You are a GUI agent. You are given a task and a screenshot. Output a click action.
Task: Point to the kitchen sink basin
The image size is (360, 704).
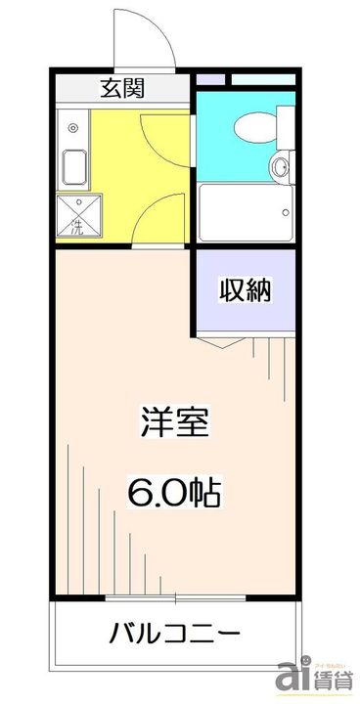(x=73, y=166)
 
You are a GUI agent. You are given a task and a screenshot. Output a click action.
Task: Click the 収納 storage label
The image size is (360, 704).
(x=244, y=290)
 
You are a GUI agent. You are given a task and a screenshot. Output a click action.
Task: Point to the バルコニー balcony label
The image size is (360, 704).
(x=174, y=634)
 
